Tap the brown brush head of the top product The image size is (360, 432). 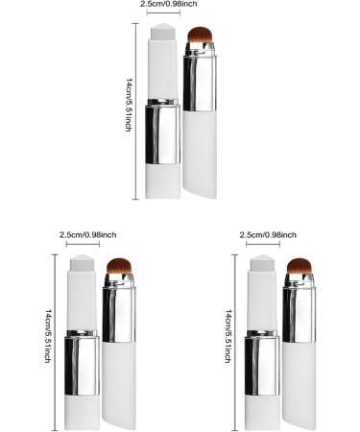pyautogui.click(x=200, y=39)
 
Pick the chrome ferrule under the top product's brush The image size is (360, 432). pyautogui.click(x=200, y=81)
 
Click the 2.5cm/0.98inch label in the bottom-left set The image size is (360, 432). pyautogui.click(x=87, y=234)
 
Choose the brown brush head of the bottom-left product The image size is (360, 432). pyautogui.click(x=120, y=269)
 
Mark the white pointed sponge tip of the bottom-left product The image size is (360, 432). pyautogui.click(x=83, y=264)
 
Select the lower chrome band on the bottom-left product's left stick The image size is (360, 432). pyautogui.click(x=82, y=362)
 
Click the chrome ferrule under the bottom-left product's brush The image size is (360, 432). pyautogui.click(x=119, y=313)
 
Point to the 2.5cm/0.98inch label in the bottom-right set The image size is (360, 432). pyautogui.click(x=267, y=234)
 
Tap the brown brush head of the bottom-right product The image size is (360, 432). pyautogui.click(x=300, y=269)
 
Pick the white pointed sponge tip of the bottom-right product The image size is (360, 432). pyautogui.click(x=263, y=264)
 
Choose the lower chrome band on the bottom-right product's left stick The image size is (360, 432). pyautogui.click(x=261, y=362)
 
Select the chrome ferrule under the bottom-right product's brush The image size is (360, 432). pyautogui.click(x=299, y=313)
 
